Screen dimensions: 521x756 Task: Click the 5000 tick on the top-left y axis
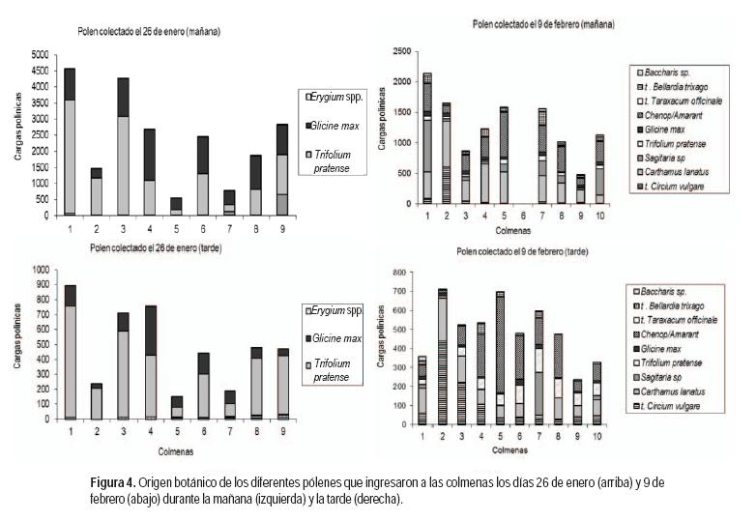click(37, 55)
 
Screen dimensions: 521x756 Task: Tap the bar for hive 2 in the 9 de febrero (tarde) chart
click(442, 358)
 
